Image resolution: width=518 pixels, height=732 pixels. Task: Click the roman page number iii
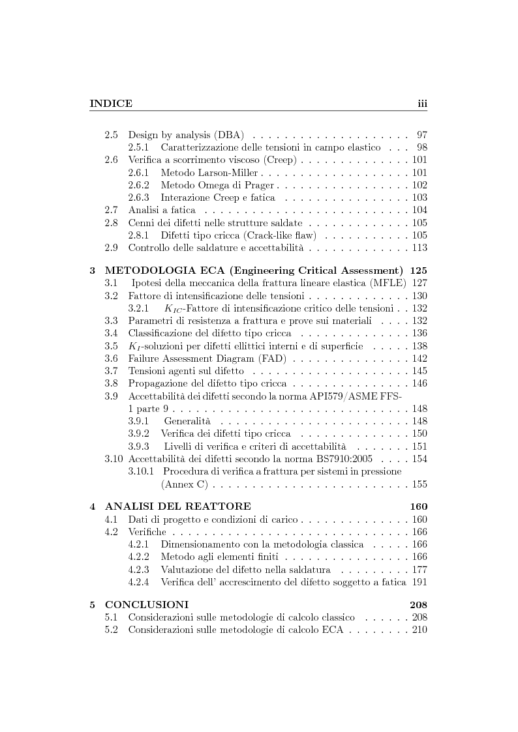tap(421, 103)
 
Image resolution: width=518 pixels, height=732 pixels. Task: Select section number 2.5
tap(112, 135)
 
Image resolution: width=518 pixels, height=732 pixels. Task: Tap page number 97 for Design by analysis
tap(421, 135)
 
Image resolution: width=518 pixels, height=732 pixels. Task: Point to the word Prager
tap(244, 185)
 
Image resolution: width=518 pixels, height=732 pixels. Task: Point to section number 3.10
tap(114, 460)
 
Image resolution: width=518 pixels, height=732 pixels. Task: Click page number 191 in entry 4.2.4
tap(419, 581)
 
